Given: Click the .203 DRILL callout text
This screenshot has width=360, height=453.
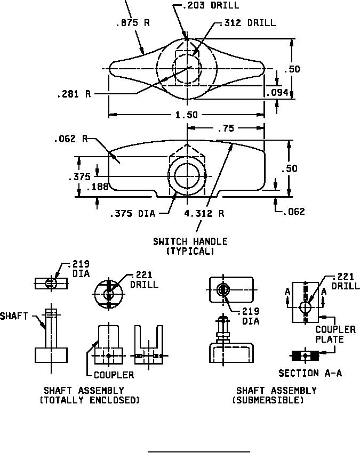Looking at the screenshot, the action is point(211,5).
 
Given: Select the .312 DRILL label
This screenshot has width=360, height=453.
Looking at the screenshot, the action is point(247,23).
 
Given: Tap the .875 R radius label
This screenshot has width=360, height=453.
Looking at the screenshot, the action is point(133,23).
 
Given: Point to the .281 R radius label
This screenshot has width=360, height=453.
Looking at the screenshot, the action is point(74,94).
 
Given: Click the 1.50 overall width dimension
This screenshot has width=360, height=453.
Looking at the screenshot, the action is point(187,115).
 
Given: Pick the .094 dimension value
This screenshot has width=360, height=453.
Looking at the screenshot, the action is point(277,93).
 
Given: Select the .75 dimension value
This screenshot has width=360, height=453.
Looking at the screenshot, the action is point(226,128).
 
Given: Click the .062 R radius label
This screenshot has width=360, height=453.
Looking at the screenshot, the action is point(71,139).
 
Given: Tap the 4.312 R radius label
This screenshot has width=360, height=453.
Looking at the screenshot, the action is point(204,214).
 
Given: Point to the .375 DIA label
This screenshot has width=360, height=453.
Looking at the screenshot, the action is point(133,214).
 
